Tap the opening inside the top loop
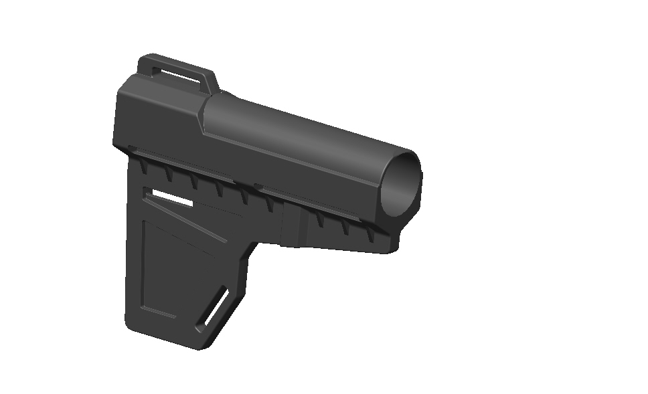click(177, 71)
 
